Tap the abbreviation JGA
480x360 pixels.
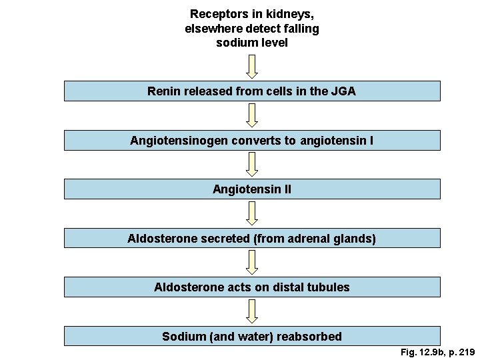click(x=343, y=91)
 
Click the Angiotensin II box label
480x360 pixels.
click(x=251, y=189)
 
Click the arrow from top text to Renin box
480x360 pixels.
click(x=251, y=66)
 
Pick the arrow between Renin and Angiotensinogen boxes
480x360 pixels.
click(x=251, y=115)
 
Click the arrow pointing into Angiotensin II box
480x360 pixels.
click(x=251, y=164)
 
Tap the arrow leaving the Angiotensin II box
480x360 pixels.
click(x=251, y=213)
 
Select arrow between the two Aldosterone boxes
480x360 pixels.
click(x=251, y=262)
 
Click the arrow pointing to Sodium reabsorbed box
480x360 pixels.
click(x=251, y=311)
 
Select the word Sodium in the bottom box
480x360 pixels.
click(x=184, y=337)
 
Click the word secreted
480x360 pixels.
click(x=225, y=239)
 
